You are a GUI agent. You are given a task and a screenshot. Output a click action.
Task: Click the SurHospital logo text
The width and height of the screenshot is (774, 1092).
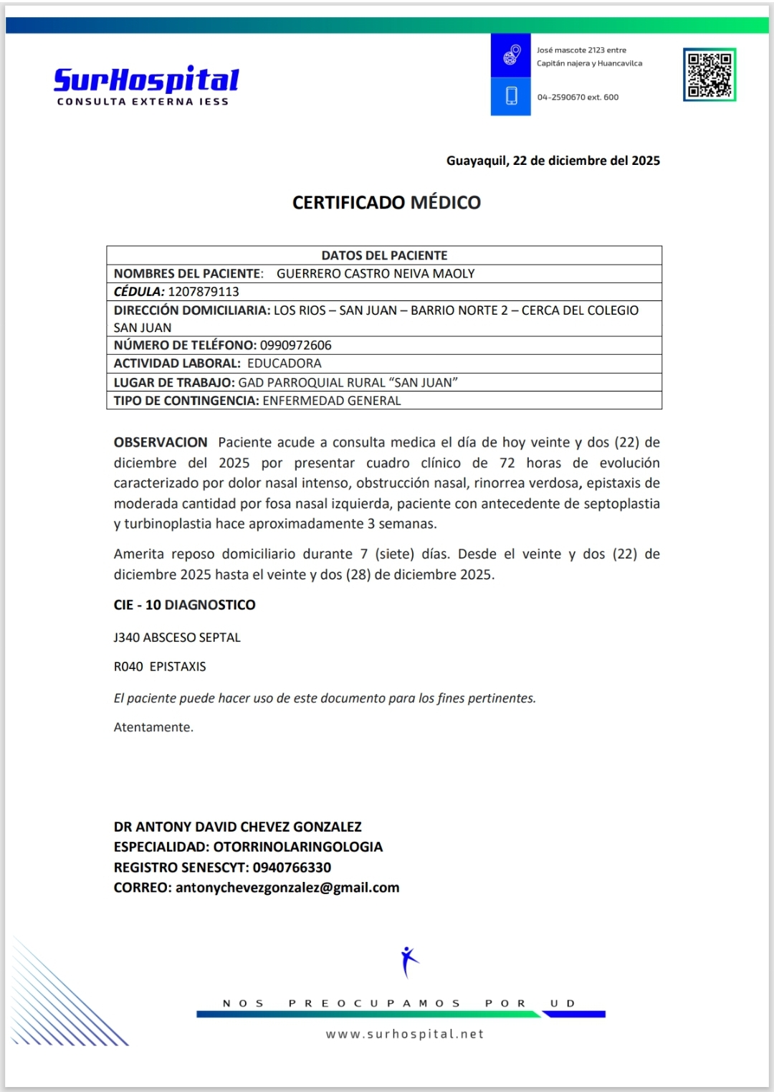[146, 80]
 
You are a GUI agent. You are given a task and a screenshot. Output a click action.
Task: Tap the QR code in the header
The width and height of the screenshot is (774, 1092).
[709, 75]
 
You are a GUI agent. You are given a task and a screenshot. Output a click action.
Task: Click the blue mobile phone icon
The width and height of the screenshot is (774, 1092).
[511, 96]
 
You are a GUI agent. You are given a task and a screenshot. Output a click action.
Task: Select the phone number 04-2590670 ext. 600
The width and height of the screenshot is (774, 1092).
[578, 98]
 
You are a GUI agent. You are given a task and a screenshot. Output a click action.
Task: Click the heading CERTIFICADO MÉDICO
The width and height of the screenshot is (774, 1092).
[386, 203]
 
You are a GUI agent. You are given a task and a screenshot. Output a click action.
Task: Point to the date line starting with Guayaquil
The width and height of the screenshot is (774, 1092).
[553, 161]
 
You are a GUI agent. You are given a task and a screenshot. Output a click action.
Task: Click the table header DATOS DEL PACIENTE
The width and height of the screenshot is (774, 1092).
[384, 255]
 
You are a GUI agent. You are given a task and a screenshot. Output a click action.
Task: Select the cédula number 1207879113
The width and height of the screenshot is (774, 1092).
[204, 292]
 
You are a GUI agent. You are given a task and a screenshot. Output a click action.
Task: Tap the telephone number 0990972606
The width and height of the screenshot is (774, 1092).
[295, 346]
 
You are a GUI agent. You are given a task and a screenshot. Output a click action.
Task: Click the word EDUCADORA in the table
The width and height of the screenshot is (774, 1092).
[285, 364]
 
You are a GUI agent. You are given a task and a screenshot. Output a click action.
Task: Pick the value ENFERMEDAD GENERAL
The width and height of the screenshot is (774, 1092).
[332, 401]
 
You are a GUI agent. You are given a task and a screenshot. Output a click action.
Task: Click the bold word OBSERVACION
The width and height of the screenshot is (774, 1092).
[161, 442]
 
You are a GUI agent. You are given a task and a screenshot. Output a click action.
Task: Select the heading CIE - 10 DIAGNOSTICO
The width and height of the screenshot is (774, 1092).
[184, 605]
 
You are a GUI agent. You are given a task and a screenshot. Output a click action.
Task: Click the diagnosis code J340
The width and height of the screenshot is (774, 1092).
[127, 637]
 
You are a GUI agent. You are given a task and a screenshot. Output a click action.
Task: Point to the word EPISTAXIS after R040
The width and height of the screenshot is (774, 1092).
[178, 667]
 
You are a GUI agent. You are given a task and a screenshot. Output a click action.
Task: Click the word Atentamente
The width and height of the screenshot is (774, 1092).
[153, 727]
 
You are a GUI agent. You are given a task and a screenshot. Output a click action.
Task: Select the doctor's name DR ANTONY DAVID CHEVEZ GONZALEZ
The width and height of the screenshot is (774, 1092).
[237, 827]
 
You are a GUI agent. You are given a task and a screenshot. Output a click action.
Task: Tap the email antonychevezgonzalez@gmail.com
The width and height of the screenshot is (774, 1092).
[287, 888]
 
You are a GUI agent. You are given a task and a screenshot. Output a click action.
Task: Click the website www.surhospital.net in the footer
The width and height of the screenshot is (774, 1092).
[405, 1034]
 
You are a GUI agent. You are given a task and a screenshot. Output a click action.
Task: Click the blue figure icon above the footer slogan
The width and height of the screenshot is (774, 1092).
[408, 962]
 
